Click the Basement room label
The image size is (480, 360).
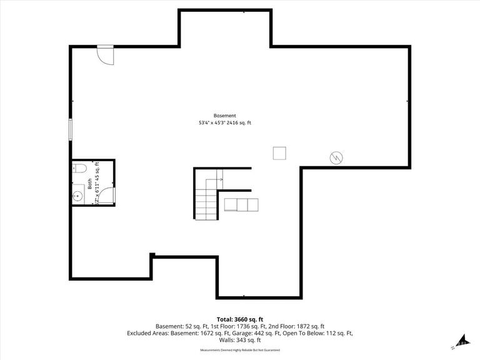(x=225, y=116)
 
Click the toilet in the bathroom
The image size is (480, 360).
(x=78, y=167)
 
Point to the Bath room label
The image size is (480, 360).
(x=89, y=185)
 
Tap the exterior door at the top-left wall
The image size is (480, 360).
(x=105, y=54)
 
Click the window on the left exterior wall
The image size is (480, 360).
(x=71, y=129)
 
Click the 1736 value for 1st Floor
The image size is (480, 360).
(x=234, y=326)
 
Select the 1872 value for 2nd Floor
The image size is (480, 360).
(x=289, y=326)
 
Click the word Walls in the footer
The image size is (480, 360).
(x=226, y=340)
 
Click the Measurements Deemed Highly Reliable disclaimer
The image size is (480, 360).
(x=240, y=351)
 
